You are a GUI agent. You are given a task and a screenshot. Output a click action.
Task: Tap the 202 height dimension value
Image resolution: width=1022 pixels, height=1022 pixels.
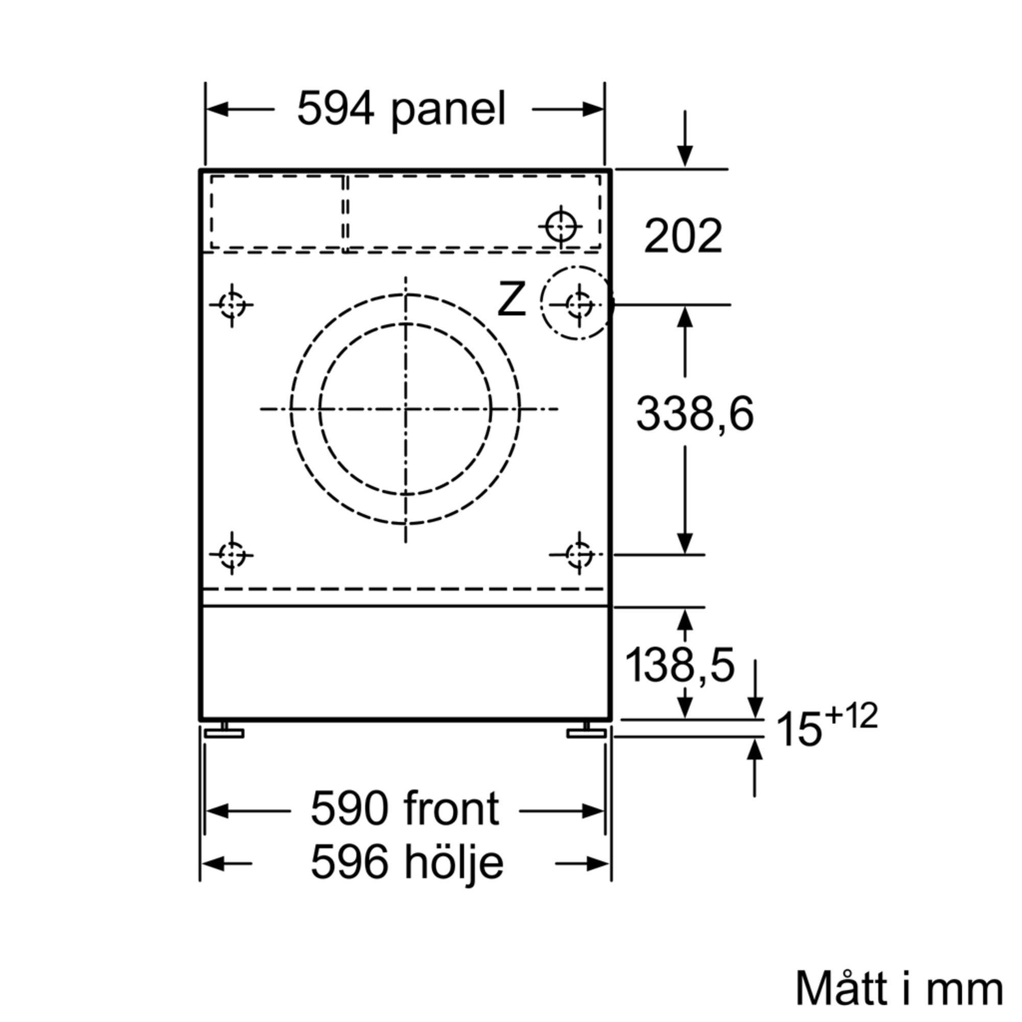click(x=683, y=236)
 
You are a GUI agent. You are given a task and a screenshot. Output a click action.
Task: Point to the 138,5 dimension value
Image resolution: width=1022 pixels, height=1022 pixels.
click(x=680, y=665)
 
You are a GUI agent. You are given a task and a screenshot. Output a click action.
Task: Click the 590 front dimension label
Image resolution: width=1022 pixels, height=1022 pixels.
click(x=405, y=809)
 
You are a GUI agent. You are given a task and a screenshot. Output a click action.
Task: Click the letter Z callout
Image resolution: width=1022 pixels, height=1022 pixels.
click(x=512, y=299)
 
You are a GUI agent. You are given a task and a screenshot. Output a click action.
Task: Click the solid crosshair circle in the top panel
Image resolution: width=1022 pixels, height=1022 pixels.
click(x=560, y=226)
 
